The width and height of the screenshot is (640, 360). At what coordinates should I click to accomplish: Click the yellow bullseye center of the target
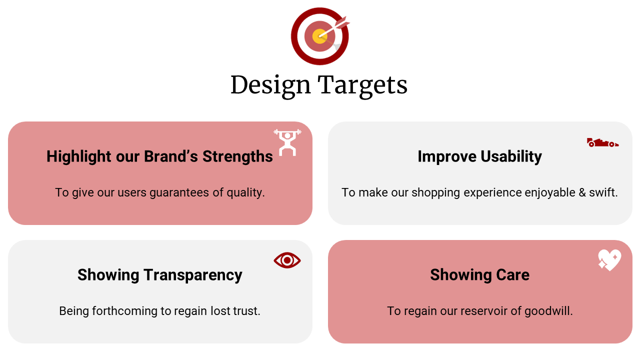[319, 36]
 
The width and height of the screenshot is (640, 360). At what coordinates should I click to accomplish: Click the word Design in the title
[270, 85]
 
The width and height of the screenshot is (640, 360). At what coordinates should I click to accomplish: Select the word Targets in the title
[362, 85]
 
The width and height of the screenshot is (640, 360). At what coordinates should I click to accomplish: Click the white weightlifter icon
[287, 142]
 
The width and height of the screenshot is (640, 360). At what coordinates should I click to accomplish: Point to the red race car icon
[602, 142]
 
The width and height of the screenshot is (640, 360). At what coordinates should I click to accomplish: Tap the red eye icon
[287, 260]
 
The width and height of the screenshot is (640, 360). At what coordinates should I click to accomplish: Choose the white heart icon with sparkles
[609, 260]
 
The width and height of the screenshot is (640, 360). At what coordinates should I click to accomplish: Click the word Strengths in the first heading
[237, 156]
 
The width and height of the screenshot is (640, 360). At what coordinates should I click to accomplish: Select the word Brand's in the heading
[171, 156]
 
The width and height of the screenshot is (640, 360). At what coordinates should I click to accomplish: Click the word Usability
[511, 156]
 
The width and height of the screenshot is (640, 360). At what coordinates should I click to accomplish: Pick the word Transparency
[193, 275]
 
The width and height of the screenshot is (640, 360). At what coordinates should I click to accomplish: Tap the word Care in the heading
[513, 274]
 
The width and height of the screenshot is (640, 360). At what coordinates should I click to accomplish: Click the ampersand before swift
[582, 192]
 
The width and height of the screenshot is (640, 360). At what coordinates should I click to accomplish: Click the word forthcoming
[124, 311]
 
